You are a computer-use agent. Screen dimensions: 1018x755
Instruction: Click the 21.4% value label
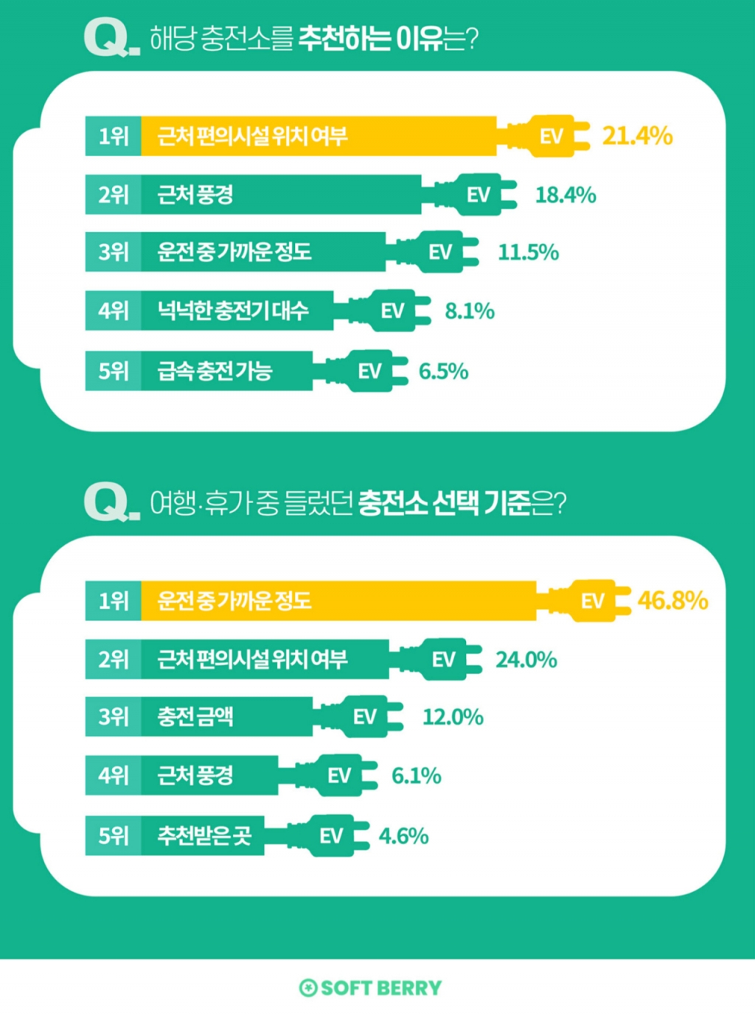[x=637, y=136]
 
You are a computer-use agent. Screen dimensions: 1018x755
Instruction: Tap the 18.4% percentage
[x=566, y=195]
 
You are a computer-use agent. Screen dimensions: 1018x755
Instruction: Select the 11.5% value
[x=528, y=253]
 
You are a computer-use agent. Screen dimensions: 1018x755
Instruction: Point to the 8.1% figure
[x=470, y=311]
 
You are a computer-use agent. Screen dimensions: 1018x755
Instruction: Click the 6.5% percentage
[x=443, y=371]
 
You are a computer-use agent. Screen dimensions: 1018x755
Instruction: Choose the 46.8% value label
[x=672, y=600]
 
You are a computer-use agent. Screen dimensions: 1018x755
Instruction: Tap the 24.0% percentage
[x=526, y=659]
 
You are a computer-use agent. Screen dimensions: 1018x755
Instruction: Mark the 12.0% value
[x=453, y=717]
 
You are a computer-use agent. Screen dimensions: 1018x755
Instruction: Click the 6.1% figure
[x=416, y=776]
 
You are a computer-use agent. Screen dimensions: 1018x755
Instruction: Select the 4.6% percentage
[x=403, y=836]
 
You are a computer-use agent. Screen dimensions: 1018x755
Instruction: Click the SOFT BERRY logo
[x=370, y=988]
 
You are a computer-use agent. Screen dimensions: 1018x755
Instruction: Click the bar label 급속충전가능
[x=215, y=371]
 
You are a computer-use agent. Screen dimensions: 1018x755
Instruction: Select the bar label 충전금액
[x=195, y=717]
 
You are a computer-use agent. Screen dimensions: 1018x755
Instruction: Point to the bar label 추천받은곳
[x=204, y=836]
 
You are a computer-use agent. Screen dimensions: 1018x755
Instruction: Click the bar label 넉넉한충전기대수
[x=233, y=311]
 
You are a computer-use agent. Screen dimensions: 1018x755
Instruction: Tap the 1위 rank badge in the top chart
[x=114, y=136]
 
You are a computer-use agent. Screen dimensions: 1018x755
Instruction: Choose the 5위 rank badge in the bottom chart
[x=114, y=836]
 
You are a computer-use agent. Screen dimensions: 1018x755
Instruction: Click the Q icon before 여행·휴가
[x=108, y=503]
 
